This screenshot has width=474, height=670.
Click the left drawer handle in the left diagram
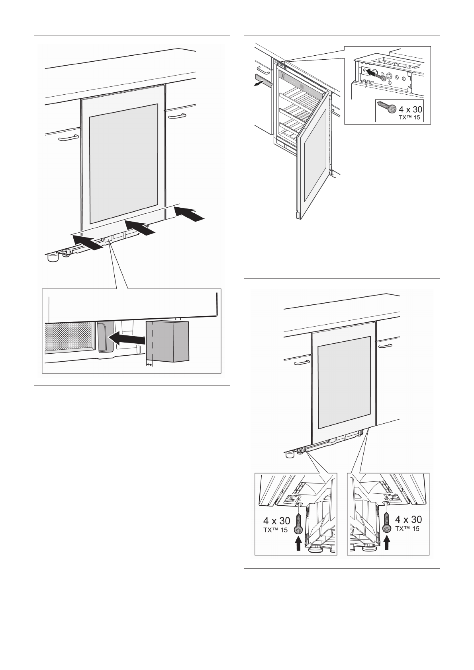pos(67,138)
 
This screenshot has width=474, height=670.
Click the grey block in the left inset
pos(167,341)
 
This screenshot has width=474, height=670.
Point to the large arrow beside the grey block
pos(127,339)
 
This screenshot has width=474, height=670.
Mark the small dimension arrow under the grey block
pos(149,364)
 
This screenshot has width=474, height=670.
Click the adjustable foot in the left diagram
pos(53,258)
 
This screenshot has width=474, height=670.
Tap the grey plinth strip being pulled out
pos(262,80)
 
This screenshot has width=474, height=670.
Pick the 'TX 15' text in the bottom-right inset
pos(407,528)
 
